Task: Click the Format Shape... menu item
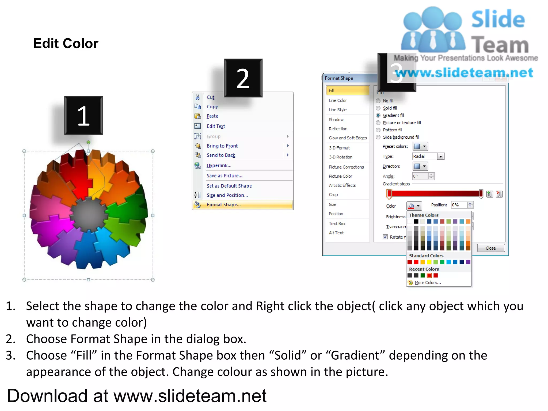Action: coord(223,205)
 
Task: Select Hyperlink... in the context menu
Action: coord(219,165)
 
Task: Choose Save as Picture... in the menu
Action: coord(224,176)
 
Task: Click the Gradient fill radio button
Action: coord(378,115)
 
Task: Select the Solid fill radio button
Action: coord(378,108)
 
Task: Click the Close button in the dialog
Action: coord(490,248)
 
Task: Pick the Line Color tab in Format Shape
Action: coord(338,100)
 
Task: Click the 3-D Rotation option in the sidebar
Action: coord(340,157)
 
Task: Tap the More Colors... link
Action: coord(428,283)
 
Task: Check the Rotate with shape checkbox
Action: coord(385,237)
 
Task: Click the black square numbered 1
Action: coord(83,115)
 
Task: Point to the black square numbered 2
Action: coord(243,78)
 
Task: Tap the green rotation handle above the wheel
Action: coord(89,142)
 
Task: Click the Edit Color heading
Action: coord(66,43)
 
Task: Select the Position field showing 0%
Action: coord(459,205)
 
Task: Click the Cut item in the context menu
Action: coord(210,97)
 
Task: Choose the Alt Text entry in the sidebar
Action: coord(336,233)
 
